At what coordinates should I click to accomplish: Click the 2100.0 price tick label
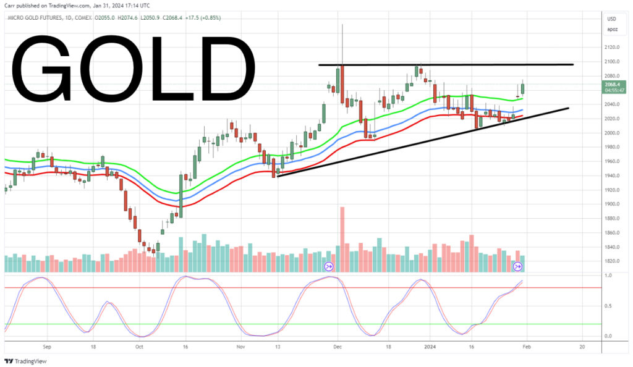tap(613, 62)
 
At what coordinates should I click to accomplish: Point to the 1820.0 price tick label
tap(613, 261)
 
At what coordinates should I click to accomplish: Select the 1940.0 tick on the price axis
tap(613, 175)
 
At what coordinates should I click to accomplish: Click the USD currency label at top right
tap(613, 19)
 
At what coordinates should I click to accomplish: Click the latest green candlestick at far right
tap(523, 88)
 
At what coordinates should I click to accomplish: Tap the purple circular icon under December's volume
tap(328, 266)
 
